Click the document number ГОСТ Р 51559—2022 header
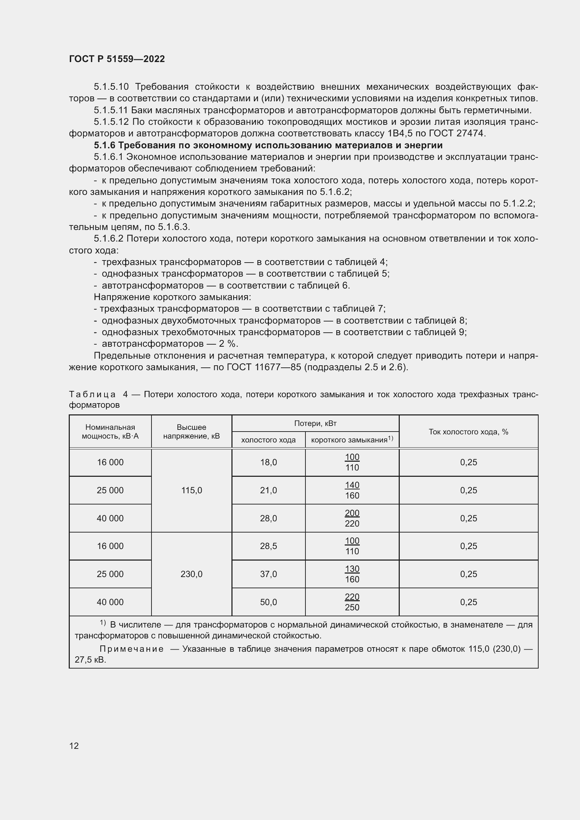click(117, 59)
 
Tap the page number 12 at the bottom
click(74, 746)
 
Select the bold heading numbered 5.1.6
click(268, 145)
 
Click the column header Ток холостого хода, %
click(468, 432)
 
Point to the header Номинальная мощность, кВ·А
click(110, 432)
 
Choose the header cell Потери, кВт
click(315, 423)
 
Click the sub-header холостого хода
click(268, 440)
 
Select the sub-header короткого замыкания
click(349, 440)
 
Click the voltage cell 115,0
click(191, 490)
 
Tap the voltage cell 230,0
click(191, 574)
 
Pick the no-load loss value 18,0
click(268, 462)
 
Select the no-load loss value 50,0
click(268, 602)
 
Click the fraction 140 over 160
click(352, 490)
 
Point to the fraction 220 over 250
click(352, 602)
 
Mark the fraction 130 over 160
click(352, 574)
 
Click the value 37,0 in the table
click(268, 574)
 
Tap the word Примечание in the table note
click(131, 649)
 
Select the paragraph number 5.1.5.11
click(111, 110)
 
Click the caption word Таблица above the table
click(92, 394)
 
